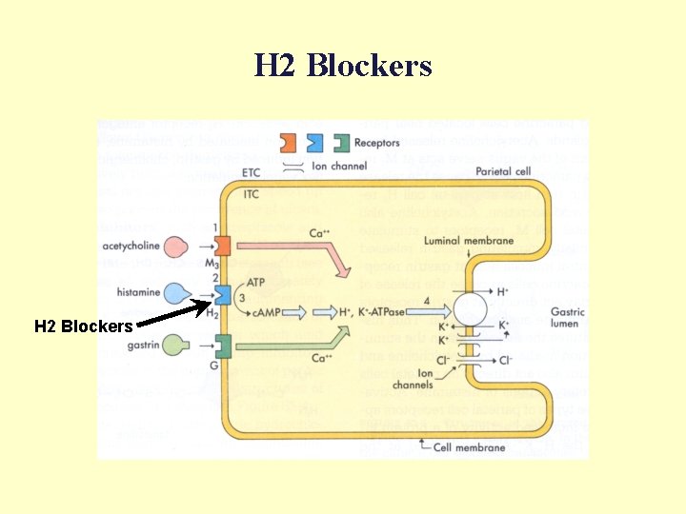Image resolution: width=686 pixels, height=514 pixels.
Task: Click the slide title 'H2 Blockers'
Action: [343, 66]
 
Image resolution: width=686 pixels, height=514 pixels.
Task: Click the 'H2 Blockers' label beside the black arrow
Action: [83, 326]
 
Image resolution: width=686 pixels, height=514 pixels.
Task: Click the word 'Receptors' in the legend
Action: [377, 144]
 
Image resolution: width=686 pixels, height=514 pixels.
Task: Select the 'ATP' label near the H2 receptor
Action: [255, 283]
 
